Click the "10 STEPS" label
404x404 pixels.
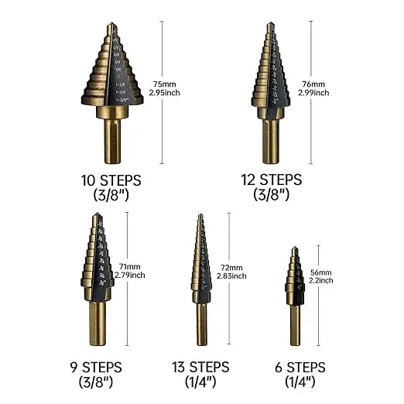[111, 180]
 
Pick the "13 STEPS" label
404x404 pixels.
[200, 367]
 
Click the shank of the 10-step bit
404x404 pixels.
[113, 139]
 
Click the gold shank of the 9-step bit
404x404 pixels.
[98, 321]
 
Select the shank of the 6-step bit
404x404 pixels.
[295, 325]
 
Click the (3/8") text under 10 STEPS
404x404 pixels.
[111, 197]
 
